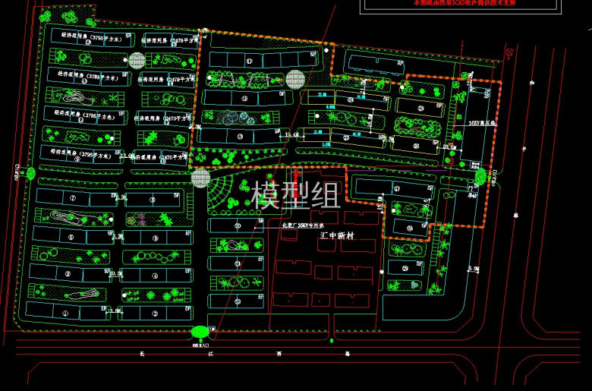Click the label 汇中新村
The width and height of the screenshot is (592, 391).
(x=338, y=236)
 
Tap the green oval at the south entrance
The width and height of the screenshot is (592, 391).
(x=200, y=331)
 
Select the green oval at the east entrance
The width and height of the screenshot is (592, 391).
(x=480, y=177)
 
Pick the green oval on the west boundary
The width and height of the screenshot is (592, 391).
(x=30, y=174)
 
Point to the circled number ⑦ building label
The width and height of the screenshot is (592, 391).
(x=74, y=198)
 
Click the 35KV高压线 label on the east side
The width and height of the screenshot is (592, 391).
(x=482, y=123)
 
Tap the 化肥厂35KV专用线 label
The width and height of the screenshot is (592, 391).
(x=303, y=225)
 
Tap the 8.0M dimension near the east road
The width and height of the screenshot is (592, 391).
(x=474, y=269)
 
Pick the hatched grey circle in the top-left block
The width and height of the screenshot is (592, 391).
(x=137, y=60)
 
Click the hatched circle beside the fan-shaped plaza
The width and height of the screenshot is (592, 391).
(x=200, y=178)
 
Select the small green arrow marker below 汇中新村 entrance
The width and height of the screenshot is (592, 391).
(x=332, y=341)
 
